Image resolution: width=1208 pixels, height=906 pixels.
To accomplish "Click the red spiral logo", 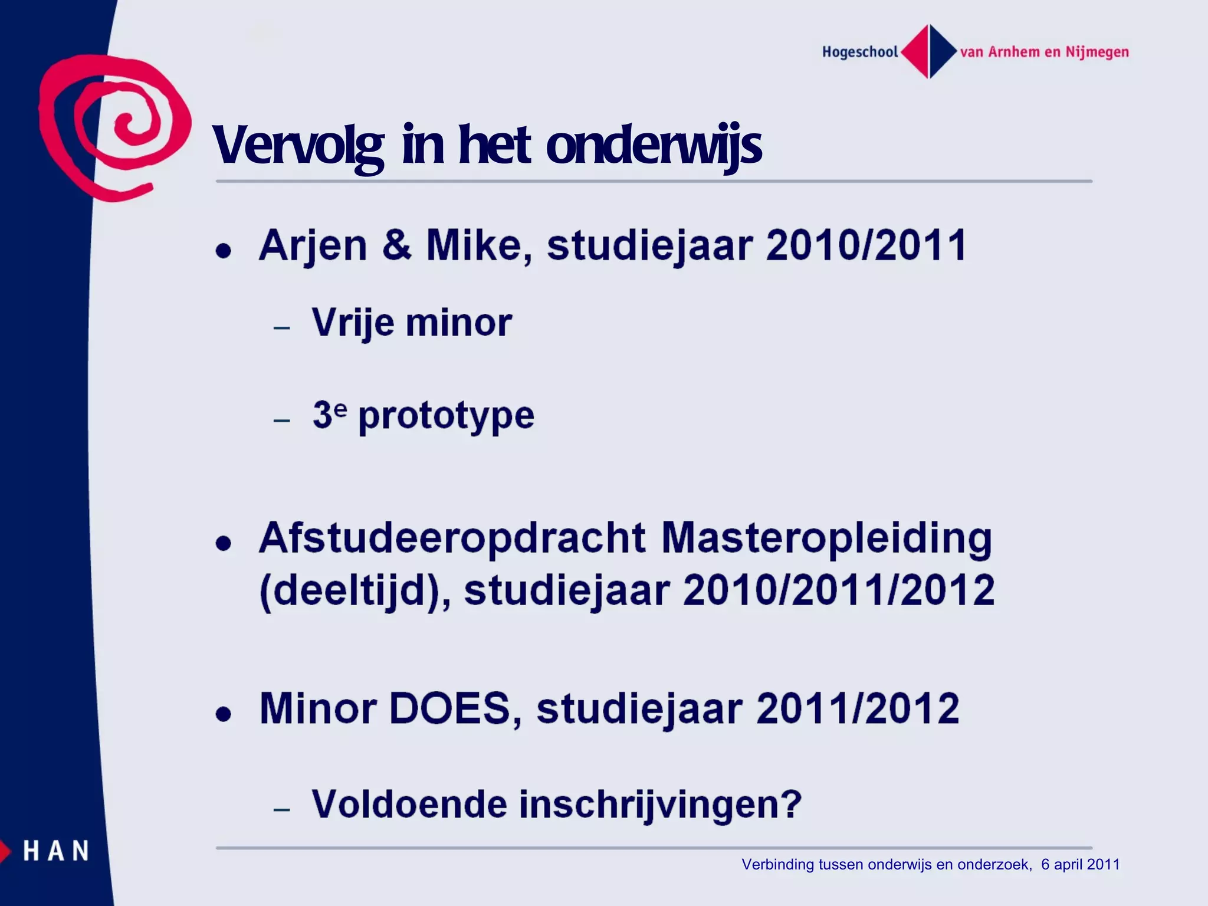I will [115, 127].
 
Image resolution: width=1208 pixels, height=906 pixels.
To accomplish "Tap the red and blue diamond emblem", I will [929, 51].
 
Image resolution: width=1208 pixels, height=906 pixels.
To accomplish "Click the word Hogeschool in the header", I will [860, 52].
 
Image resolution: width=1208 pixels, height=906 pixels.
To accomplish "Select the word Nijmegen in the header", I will [1097, 52].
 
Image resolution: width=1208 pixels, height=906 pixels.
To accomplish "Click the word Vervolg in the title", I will [298, 145].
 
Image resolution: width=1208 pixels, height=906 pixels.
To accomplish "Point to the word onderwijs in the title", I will [654, 145].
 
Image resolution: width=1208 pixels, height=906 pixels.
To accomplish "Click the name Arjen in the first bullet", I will [313, 245].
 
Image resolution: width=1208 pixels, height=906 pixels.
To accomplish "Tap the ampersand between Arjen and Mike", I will [396, 245].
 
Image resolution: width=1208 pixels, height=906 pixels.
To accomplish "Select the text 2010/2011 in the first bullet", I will [866, 245].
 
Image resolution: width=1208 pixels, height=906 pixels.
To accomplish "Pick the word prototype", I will [446, 416].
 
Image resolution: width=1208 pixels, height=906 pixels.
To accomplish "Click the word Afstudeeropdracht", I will [452, 538].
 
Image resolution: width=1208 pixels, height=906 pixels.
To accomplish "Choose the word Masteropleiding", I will [826, 538].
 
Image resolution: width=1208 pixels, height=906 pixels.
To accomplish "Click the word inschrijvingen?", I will [660, 804].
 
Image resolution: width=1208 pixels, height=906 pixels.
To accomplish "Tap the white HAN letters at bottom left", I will [56, 851].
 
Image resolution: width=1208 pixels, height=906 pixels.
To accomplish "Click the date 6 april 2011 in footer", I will [1080, 865].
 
